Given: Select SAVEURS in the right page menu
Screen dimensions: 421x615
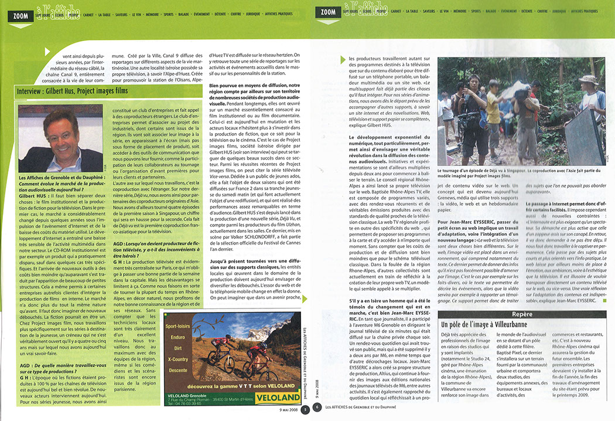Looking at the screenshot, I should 429,11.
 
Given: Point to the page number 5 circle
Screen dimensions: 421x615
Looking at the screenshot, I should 305,409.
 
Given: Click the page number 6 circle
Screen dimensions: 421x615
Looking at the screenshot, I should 317,409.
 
